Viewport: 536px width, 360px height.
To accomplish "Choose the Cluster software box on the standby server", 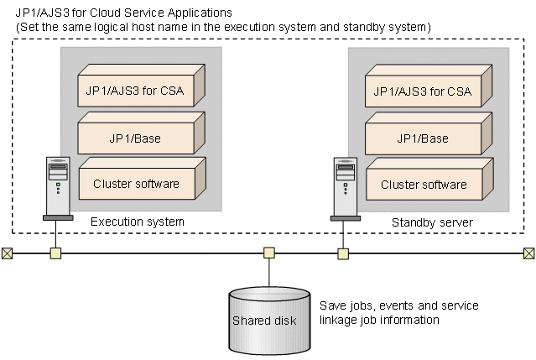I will (424, 184).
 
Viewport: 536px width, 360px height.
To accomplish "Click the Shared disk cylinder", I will (268, 318).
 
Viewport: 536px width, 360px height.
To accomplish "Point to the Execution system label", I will (137, 222).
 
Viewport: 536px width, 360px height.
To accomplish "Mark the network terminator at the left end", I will (7, 253).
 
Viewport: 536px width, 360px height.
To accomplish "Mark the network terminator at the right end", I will (529, 253).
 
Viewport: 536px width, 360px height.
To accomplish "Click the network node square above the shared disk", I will (269, 253).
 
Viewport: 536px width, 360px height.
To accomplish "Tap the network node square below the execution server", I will (56, 253).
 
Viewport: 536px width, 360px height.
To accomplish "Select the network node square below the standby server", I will (343, 253).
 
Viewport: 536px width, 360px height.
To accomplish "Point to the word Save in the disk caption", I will (333, 305).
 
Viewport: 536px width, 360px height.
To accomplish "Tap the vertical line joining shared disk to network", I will (269, 272).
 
